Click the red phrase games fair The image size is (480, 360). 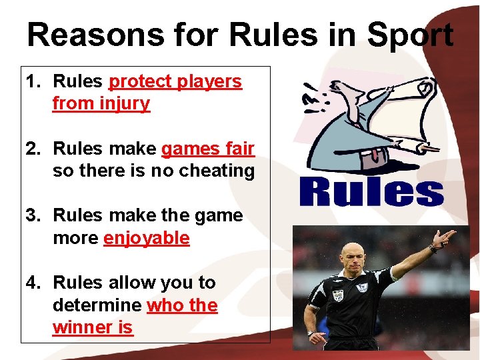[x=208, y=149]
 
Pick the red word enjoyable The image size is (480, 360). [x=147, y=239]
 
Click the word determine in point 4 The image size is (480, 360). [x=97, y=305]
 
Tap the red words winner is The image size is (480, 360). [x=93, y=328]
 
